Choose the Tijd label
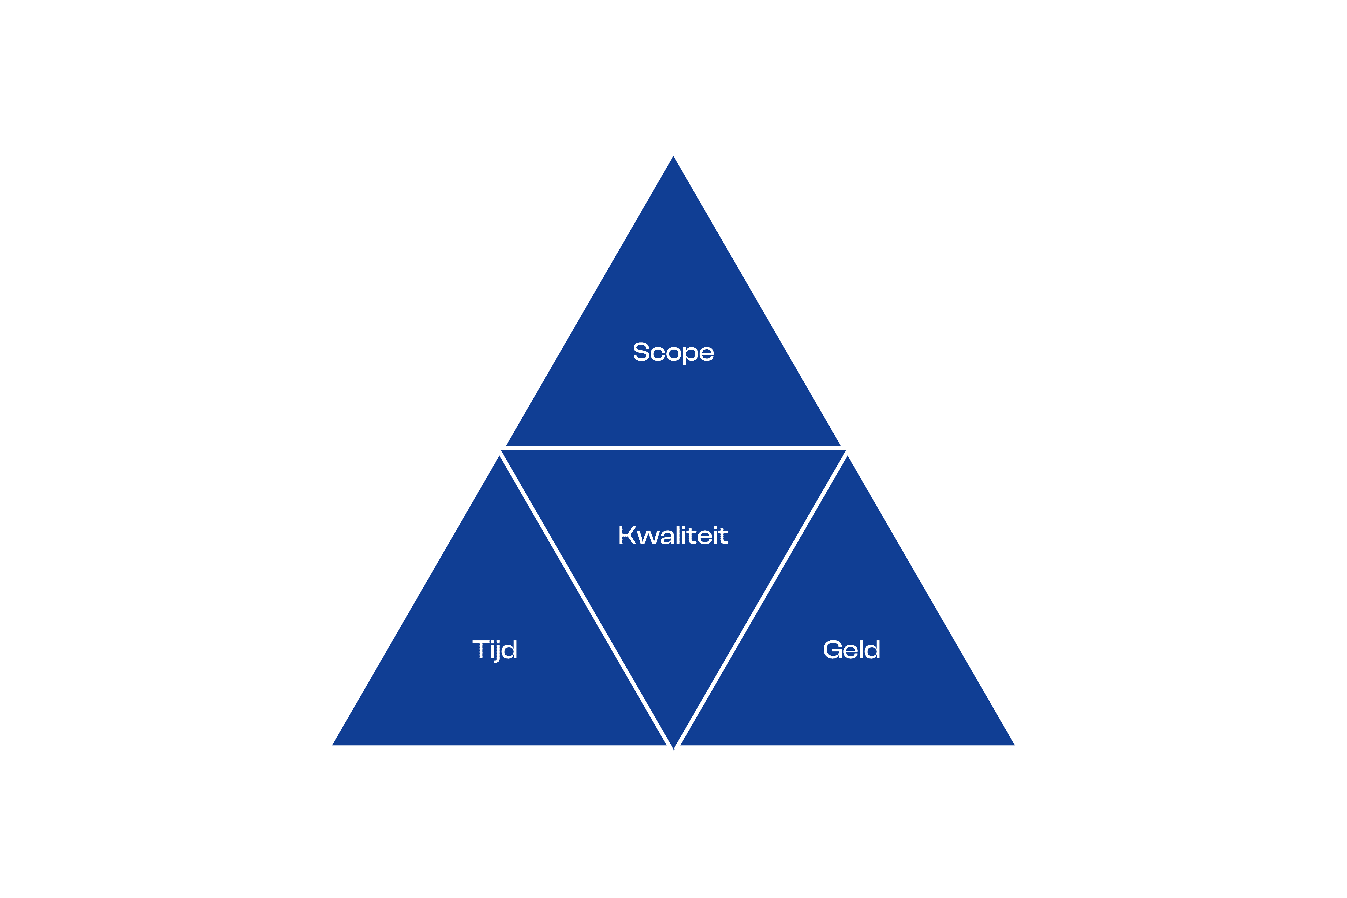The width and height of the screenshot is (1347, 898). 495,650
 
